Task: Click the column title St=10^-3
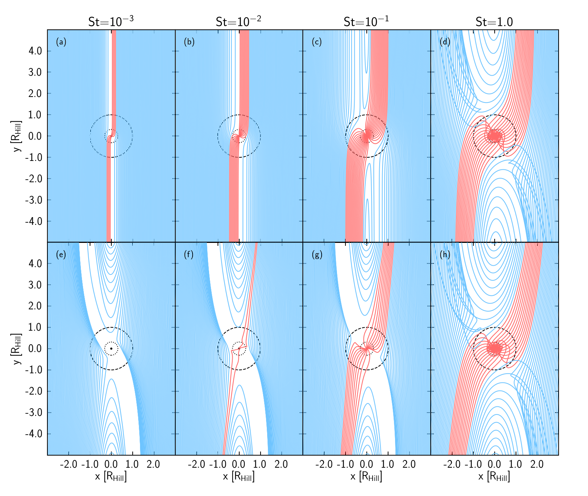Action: [x=111, y=21]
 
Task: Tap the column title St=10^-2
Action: [x=239, y=21]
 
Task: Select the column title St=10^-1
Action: [x=366, y=21]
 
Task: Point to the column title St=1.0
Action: [x=494, y=22]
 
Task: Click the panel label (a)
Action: [x=61, y=42]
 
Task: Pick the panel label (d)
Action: [x=445, y=42]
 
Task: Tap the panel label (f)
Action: [x=189, y=255]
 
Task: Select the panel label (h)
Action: [x=445, y=255]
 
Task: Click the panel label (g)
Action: [x=317, y=255]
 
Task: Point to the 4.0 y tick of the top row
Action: [x=35, y=51]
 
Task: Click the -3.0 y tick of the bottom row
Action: [x=33, y=412]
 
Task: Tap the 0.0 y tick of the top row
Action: [x=35, y=136]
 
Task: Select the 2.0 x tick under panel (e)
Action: [x=153, y=464]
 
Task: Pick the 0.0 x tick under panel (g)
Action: [x=366, y=464]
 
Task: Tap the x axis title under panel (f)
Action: [x=239, y=477]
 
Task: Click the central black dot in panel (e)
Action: [x=111, y=348]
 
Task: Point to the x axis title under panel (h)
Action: [x=494, y=477]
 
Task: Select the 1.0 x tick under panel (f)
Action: [x=260, y=464]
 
